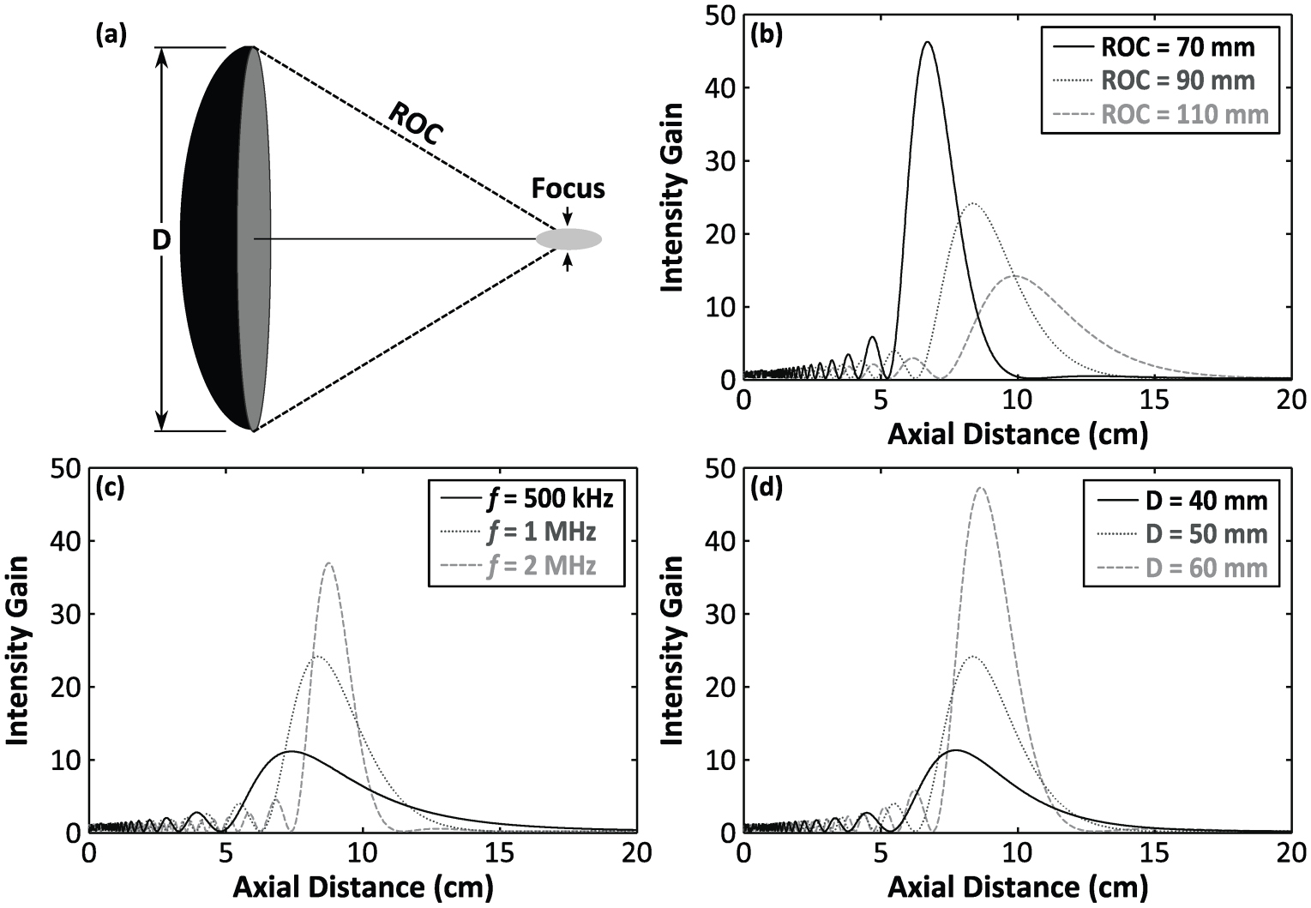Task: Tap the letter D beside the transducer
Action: pos(161,240)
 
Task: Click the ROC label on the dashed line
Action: pos(416,123)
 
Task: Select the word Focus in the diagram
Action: pos(568,189)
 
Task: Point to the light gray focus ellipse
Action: pos(568,239)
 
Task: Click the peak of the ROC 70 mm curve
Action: pos(928,42)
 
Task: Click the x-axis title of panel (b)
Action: pos(1017,434)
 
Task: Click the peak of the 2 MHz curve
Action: pos(329,563)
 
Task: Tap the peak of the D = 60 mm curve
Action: pos(981,488)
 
